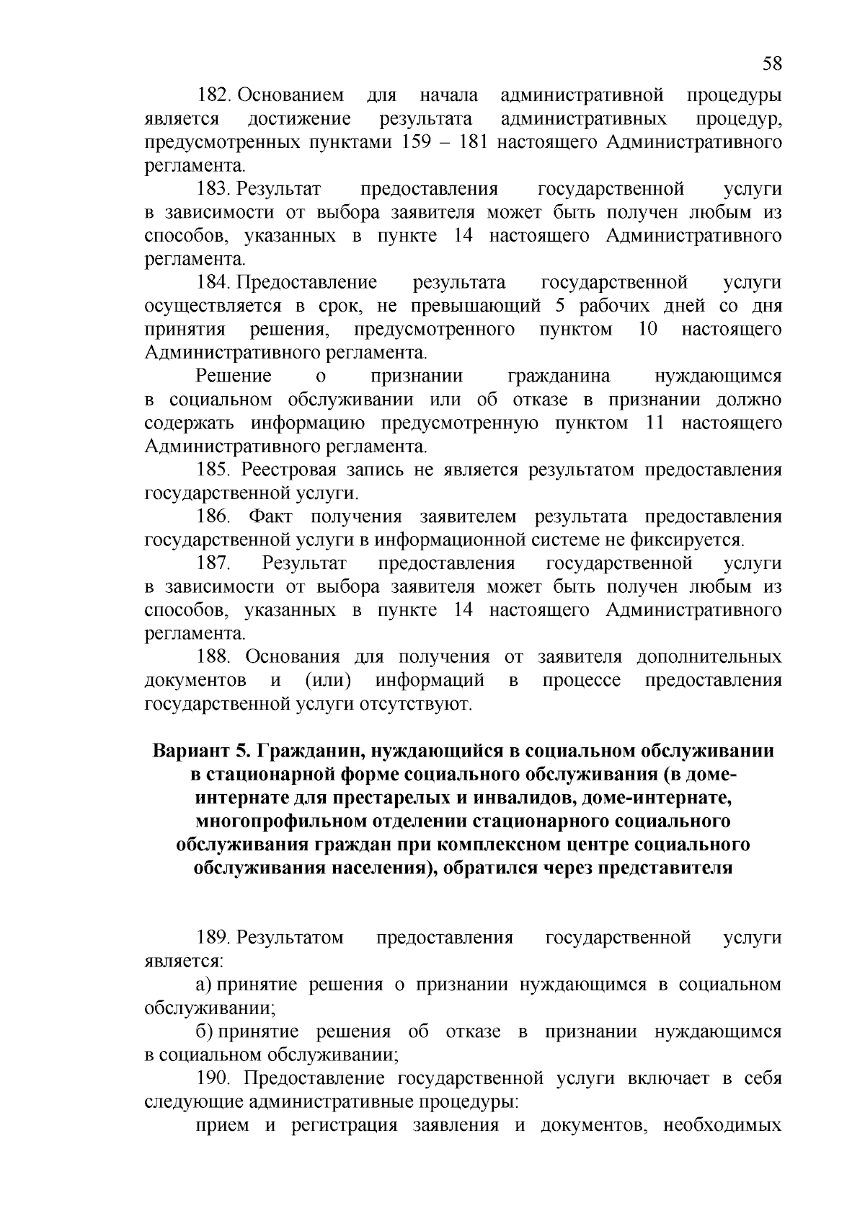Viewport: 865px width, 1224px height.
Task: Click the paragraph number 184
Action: [214, 283]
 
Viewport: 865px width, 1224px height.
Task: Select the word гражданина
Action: [559, 377]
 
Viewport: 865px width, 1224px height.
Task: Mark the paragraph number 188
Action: [214, 658]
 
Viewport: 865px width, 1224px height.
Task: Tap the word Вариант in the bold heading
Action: [188, 752]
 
